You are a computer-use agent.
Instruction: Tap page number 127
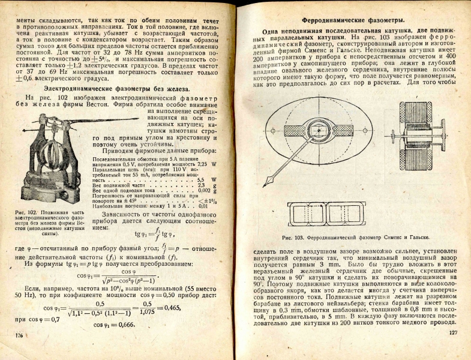pyautogui.click(x=452, y=333)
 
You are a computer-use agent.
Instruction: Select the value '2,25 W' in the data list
pyautogui.click(x=207, y=163)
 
